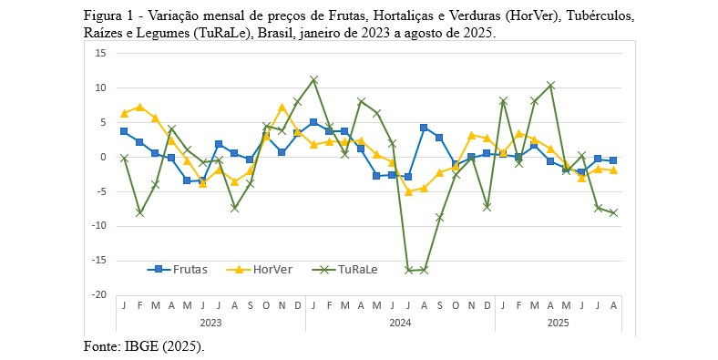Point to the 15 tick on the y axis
coord(101,53)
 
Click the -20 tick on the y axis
coord(99,295)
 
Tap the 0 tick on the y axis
coord(104,157)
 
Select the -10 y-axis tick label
coord(99,226)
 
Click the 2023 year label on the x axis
coord(210,323)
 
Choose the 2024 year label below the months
coord(400,323)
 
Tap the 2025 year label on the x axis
coord(558,323)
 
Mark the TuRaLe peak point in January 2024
coord(313,80)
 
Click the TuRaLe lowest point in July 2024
coord(408,271)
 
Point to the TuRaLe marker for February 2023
coord(139,212)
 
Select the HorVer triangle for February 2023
coord(139,107)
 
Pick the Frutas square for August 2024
coord(424,128)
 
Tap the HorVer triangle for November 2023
coord(282,107)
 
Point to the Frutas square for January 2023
coord(124,131)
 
